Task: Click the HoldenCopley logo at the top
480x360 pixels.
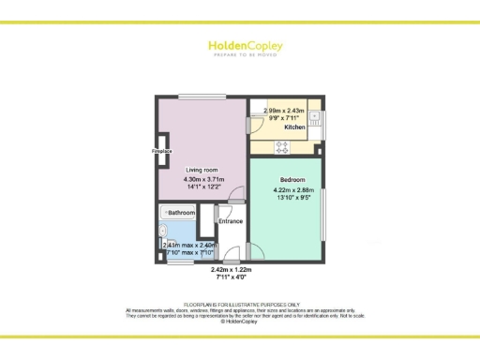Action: click(239, 46)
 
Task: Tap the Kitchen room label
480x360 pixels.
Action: click(283, 127)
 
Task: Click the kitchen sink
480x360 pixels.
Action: click(315, 118)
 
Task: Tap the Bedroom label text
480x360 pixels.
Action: click(292, 178)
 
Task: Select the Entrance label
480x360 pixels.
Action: click(231, 221)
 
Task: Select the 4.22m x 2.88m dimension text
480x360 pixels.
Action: click(294, 189)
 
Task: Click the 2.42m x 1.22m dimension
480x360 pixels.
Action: click(231, 271)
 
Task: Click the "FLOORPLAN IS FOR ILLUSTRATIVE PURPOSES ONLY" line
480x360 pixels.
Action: click(239, 305)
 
